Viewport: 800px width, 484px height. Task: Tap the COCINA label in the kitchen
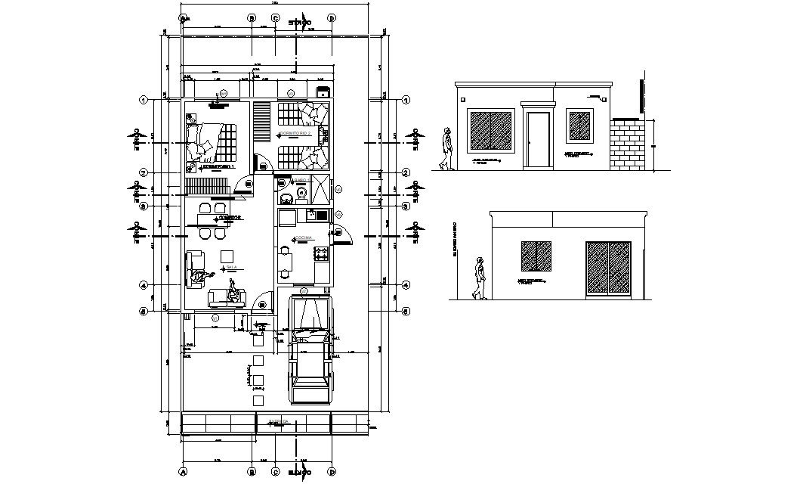[x=303, y=237]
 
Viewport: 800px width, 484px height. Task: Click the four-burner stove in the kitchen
[x=321, y=254]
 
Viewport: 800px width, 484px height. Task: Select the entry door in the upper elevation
[x=538, y=139]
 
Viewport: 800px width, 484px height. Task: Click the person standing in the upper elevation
[x=447, y=150]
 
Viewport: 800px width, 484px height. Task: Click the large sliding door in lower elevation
[x=609, y=268]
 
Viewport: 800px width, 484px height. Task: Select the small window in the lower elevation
[x=535, y=257]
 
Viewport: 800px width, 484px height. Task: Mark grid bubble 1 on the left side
[x=142, y=100]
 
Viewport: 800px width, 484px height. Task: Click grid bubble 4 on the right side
[x=406, y=286]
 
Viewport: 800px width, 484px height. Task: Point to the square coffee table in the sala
[x=227, y=256]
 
